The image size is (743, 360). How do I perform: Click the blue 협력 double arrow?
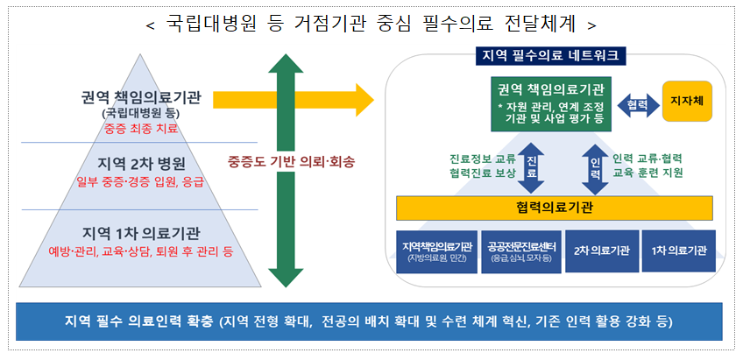tap(637, 102)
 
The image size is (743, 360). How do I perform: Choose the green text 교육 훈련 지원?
tap(649, 173)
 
